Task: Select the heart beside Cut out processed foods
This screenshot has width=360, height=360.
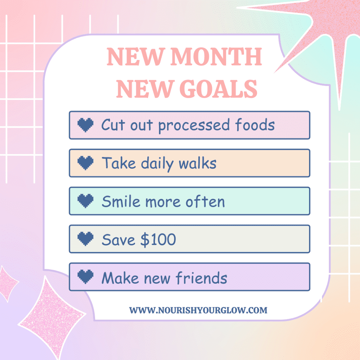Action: pyautogui.click(x=85, y=125)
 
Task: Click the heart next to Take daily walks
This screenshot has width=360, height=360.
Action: pyautogui.click(x=85, y=163)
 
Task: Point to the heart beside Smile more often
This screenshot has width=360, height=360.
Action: pyautogui.click(x=85, y=201)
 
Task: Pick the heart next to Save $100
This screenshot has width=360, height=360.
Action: pyautogui.click(x=85, y=239)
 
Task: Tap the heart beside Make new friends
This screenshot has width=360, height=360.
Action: pyautogui.click(x=85, y=277)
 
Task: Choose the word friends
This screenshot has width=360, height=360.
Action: pyautogui.click(x=202, y=278)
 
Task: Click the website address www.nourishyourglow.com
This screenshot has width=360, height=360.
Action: pyautogui.click(x=198, y=310)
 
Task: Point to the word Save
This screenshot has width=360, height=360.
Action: pyautogui.click(x=118, y=239)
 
